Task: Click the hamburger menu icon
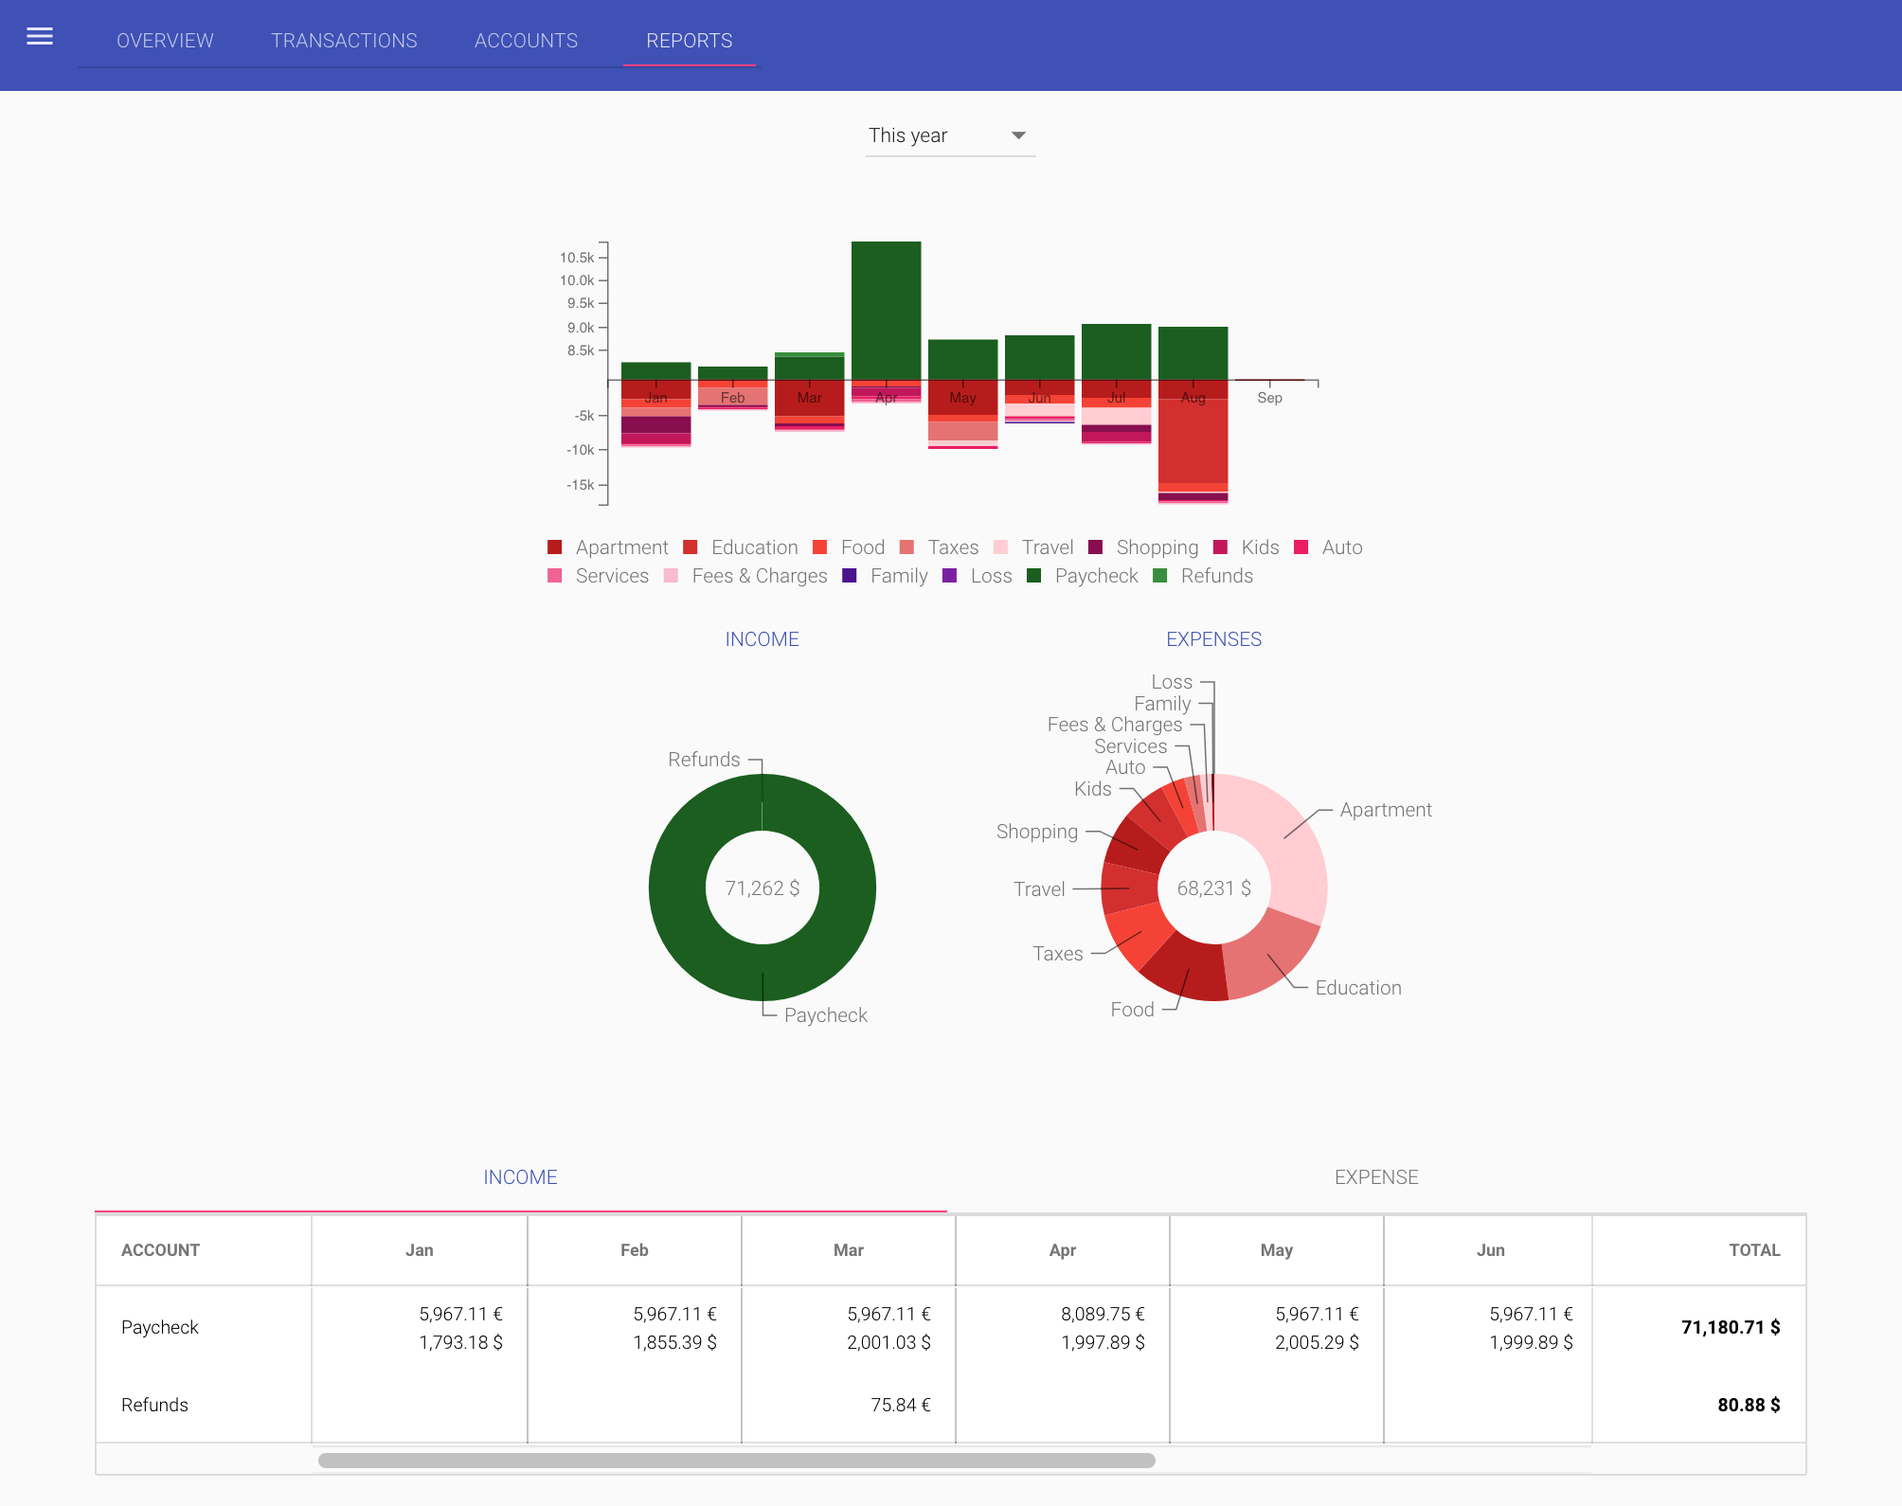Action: [40, 37]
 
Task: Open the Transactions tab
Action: [344, 41]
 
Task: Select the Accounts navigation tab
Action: [526, 41]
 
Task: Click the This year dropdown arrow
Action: [1018, 135]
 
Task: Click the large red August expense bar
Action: [1193, 440]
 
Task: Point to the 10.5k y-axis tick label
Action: [576, 258]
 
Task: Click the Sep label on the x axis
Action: [1269, 398]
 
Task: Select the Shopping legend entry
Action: [1156, 547]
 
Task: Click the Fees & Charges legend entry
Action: [758, 576]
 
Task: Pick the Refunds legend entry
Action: [1215, 576]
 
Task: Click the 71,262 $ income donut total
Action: [762, 888]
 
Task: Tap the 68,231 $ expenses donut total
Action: [1213, 888]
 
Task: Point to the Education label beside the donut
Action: [1357, 988]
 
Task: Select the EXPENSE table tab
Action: [1375, 1177]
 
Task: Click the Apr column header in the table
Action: [1062, 1250]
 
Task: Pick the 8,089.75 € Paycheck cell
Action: [1102, 1314]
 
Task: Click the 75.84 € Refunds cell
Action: [900, 1405]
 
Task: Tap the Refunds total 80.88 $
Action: [1748, 1405]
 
